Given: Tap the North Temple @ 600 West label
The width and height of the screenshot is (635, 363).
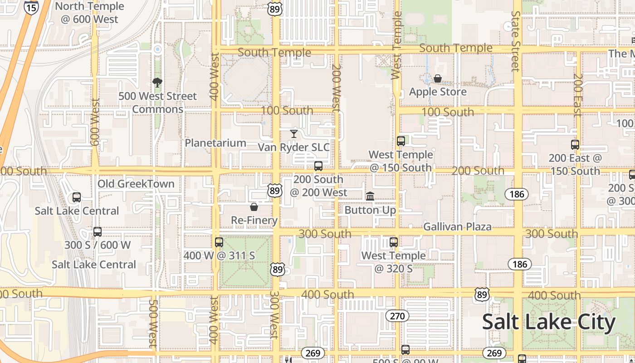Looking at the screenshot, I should click(x=89, y=13).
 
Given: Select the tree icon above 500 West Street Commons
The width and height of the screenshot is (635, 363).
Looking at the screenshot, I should click(x=157, y=82).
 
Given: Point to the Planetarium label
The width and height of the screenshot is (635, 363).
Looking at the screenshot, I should click(x=215, y=143).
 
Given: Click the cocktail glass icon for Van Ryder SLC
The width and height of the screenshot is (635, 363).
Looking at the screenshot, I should click(x=294, y=133).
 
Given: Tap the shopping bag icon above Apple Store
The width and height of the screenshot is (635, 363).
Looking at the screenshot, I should click(x=438, y=78).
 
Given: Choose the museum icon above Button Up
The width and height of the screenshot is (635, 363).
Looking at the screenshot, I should click(x=370, y=196).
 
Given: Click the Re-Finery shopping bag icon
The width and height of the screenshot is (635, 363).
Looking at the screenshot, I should click(x=254, y=207).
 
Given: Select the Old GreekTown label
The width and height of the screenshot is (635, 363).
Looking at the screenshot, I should click(x=136, y=184).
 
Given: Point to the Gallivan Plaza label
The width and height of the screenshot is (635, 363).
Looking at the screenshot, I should click(x=457, y=226).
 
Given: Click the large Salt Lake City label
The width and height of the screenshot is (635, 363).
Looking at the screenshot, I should click(x=549, y=322).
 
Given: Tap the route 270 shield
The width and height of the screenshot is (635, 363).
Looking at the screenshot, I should click(x=397, y=316).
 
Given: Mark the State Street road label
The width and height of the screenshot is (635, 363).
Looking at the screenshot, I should click(x=515, y=41).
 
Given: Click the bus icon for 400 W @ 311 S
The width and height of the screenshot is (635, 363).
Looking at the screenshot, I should click(x=219, y=242).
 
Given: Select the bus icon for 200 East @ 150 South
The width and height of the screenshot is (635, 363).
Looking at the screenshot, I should click(x=575, y=145).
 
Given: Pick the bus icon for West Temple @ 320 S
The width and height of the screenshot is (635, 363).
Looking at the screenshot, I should click(x=394, y=242).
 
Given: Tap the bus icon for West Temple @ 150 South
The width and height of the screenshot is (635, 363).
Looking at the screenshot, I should click(x=401, y=141).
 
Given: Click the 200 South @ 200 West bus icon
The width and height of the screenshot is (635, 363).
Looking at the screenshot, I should click(x=318, y=166).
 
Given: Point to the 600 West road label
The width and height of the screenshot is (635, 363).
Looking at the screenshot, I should click(x=95, y=122).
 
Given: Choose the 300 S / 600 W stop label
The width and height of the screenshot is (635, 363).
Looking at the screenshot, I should click(x=98, y=245).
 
